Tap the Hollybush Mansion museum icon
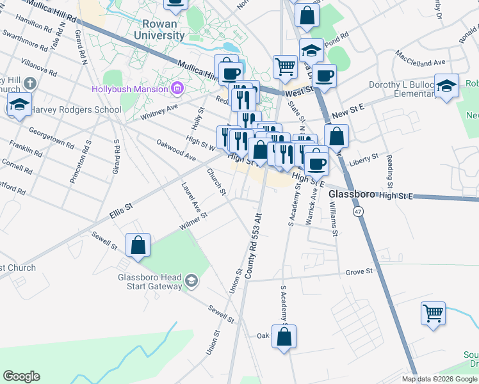click(x=178, y=88)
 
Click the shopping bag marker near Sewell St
click(x=138, y=245)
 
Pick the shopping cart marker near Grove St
click(x=434, y=314)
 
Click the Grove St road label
click(x=359, y=272)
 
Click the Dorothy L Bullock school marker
click(x=446, y=86)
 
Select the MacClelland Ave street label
click(x=420, y=57)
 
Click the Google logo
click(x=21, y=376)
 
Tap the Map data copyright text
click(x=439, y=379)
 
